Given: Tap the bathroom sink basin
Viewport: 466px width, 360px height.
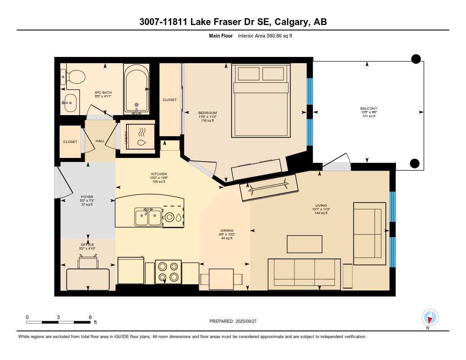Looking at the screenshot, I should tap(70, 103).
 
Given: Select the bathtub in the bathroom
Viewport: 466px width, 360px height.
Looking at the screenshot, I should tap(136, 89).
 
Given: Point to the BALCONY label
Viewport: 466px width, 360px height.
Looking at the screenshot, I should tap(369, 108).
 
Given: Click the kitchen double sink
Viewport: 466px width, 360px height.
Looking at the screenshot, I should tap(148, 217).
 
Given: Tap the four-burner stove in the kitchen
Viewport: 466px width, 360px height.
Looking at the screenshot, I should tap(167, 272).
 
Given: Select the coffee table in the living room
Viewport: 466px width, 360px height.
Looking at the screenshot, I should tap(304, 244).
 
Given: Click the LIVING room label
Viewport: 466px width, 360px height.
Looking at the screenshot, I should tap(321, 205).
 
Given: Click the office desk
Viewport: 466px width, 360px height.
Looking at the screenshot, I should tap(88, 279).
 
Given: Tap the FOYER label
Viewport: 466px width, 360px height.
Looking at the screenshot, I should tap(86, 197).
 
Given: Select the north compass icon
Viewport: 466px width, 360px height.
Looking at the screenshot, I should tap(430, 317).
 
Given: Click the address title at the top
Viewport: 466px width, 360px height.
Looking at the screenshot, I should tap(233, 22).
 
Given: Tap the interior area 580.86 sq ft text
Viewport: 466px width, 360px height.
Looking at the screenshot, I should tap(265, 35).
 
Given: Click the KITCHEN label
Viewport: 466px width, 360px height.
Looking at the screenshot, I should tap(159, 174).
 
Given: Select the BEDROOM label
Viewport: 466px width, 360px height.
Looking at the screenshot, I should tap(208, 113).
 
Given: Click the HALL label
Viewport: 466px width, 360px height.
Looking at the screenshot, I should tap(100, 141).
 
